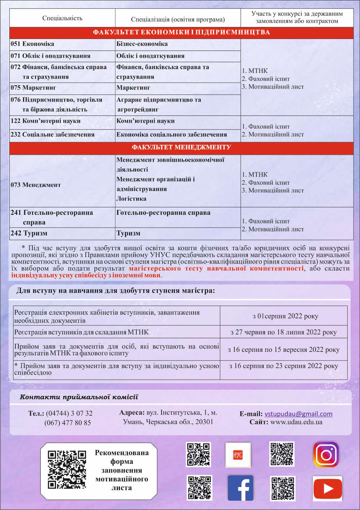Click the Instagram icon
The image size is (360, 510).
click(x=326, y=454)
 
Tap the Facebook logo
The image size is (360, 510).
click(x=241, y=488)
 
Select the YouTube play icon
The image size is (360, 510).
click(x=328, y=488)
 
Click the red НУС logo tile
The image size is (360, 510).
click(x=238, y=455)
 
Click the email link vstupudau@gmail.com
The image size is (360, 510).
click(x=298, y=414)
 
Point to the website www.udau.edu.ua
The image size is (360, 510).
click(x=296, y=422)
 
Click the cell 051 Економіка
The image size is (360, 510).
click(x=32, y=44)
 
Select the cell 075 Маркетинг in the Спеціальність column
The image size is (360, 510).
click(x=33, y=88)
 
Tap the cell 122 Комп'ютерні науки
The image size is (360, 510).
click(x=46, y=121)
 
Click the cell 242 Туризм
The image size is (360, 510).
click(x=29, y=233)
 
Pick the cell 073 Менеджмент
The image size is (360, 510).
click(x=36, y=185)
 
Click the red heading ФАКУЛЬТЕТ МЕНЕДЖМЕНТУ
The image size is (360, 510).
click(x=181, y=147)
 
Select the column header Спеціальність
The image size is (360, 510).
click(x=62, y=18)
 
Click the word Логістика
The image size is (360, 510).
click(x=131, y=199)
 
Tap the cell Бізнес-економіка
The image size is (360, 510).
click(x=142, y=44)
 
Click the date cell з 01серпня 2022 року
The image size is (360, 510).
click(x=285, y=316)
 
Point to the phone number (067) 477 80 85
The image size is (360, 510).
click(x=68, y=423)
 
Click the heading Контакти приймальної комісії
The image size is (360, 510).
click(x=79, y=397)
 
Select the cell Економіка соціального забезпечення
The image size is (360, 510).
click(x=171, y=135)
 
